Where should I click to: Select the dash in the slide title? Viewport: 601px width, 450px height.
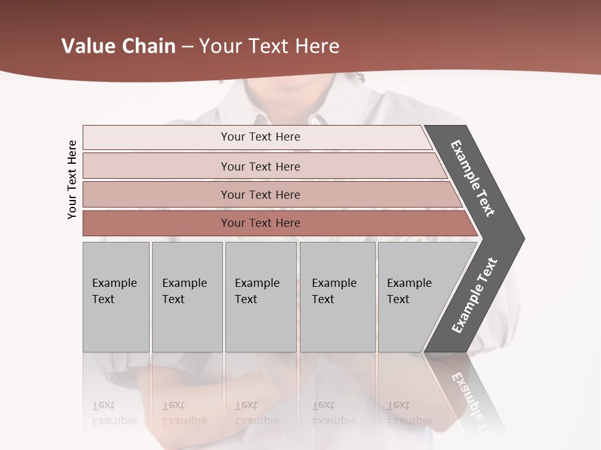[187, 47]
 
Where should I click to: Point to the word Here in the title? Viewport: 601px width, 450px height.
[317, 46]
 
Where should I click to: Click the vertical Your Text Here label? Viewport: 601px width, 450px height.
[72, 180]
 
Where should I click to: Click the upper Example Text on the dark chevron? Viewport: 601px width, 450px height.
[473, 178]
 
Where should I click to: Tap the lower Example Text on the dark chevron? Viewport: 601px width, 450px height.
[474, 296]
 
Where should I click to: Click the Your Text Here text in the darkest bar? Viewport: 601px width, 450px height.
[260, 223]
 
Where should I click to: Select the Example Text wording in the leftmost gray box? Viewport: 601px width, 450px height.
[114, 291]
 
